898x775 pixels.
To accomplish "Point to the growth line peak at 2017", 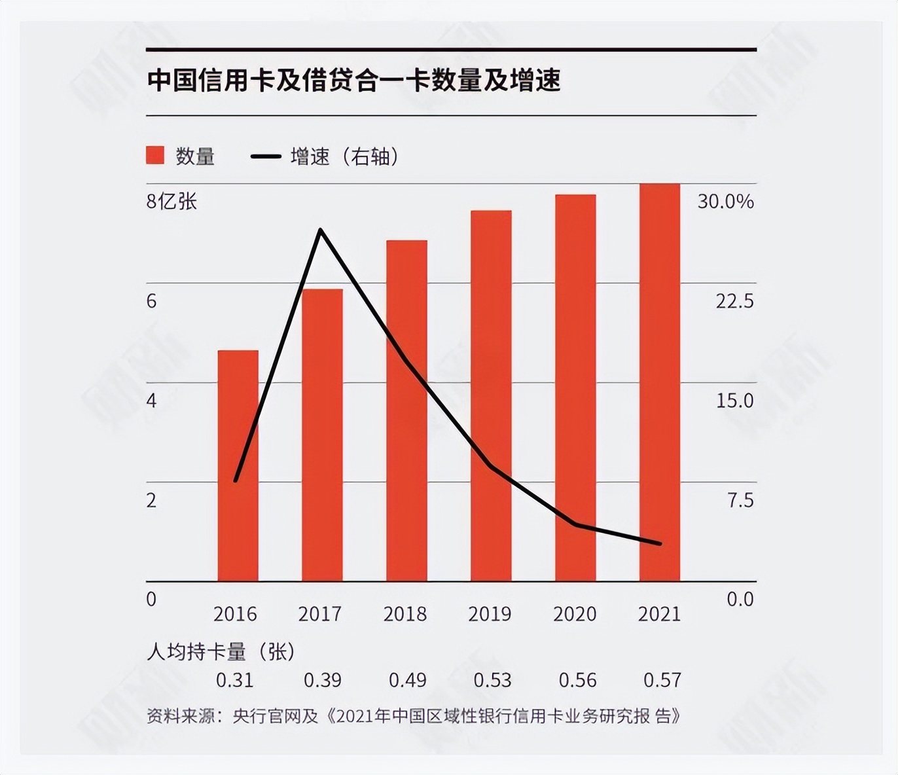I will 320,230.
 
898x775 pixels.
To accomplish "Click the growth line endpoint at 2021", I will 660,543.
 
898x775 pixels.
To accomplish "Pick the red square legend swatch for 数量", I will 155,156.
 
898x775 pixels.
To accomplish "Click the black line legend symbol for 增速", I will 266,156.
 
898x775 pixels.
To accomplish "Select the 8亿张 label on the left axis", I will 171,201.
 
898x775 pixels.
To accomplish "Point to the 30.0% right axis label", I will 725,201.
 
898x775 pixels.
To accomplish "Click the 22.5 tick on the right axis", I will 734,301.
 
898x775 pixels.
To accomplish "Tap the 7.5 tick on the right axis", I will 740,500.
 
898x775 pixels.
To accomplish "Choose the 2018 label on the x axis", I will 405,614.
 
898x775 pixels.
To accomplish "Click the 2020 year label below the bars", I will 575,614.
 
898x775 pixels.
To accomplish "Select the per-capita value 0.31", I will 235,680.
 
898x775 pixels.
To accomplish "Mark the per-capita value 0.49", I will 407,680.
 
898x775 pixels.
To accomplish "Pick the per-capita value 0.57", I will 662,680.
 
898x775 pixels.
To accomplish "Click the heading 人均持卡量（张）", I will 221,651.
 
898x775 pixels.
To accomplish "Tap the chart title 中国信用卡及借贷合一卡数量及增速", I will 354,80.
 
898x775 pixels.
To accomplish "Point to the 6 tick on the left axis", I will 152,301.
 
